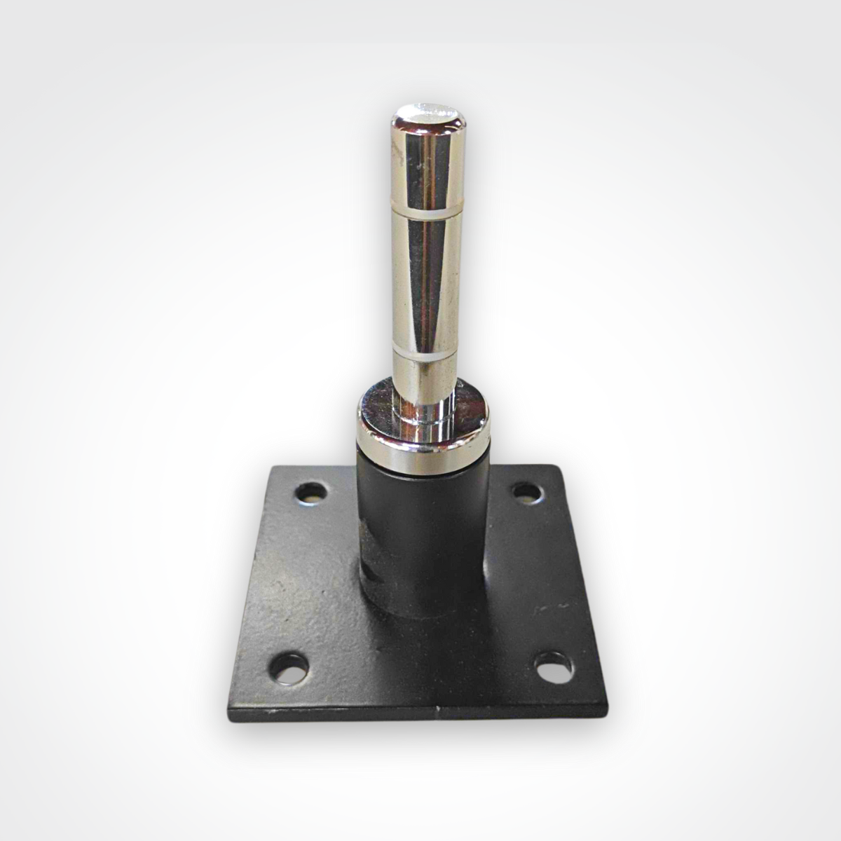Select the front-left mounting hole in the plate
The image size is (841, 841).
tap(290, 664)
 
